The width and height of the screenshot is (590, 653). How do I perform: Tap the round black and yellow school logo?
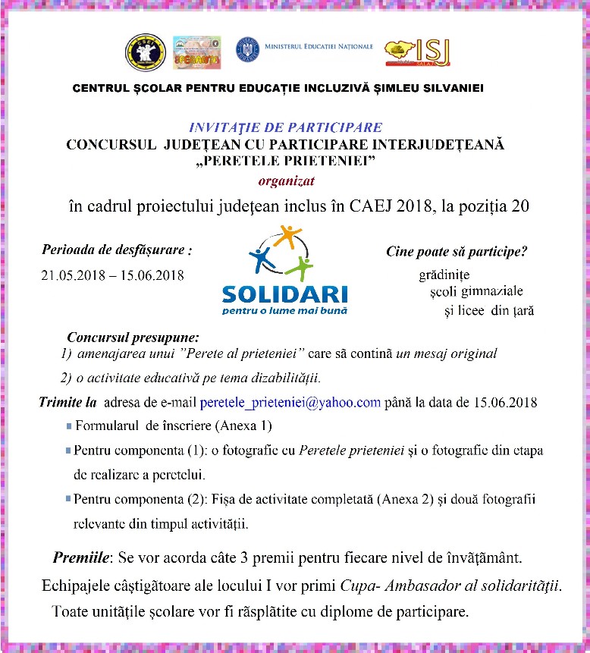tap(145, 52)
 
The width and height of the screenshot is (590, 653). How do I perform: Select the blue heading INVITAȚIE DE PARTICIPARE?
tap(284, 127)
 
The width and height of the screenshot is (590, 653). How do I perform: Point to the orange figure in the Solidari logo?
tap(290, 236)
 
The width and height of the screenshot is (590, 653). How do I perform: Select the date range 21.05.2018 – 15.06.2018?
tap(112, 275)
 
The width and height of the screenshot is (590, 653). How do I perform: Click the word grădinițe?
tap(444, 275)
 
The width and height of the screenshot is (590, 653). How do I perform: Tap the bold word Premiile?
tap(82, 558)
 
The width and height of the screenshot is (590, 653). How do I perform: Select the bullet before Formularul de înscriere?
tap(69, 426)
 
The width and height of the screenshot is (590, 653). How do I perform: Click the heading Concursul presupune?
tap(124, 337)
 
